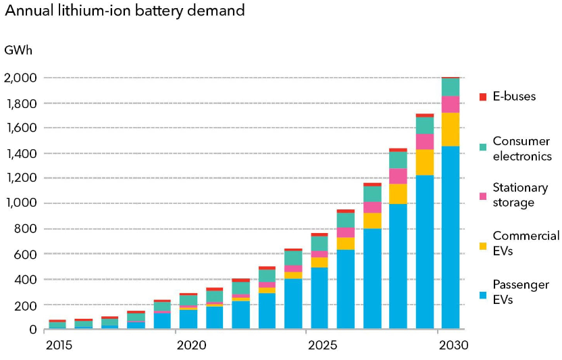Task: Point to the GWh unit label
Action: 18,51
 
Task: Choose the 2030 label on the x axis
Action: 451,345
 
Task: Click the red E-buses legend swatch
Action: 482,97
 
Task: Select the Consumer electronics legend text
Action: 522,149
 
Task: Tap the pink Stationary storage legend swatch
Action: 482,196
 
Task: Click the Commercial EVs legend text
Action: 526,243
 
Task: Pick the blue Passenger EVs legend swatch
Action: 482,294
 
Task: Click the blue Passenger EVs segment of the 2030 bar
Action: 451,236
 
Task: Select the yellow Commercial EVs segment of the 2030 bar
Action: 451,129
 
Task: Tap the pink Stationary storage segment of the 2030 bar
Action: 451,104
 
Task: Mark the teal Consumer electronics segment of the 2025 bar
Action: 320,244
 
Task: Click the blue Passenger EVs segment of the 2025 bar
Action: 320,298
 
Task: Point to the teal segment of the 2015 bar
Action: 57,326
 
